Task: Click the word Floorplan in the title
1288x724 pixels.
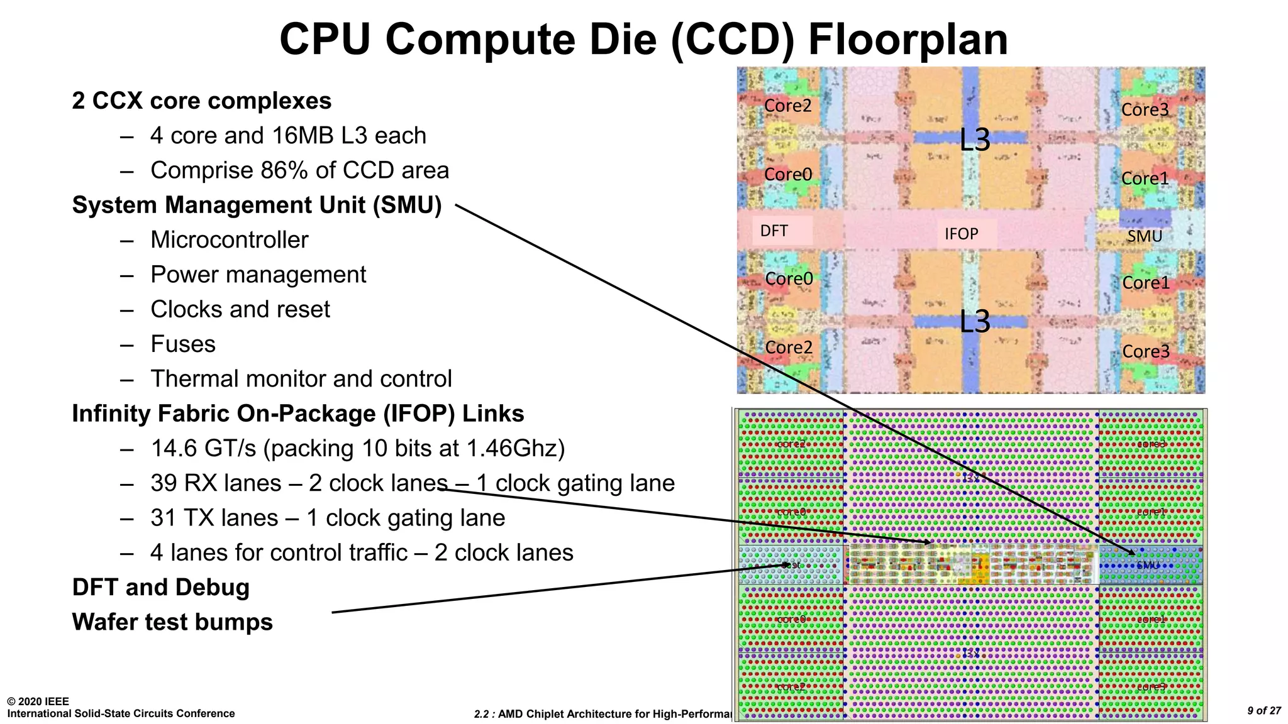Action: point(908,39)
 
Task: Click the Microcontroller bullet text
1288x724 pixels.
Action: point(230,240)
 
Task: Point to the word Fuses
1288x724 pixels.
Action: point(183,344)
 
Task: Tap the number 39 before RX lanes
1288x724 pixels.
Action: point(164,483)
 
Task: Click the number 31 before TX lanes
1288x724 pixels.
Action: point(163,518)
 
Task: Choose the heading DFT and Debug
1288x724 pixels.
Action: point(161,588)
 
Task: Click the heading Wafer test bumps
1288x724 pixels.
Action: point(172,622)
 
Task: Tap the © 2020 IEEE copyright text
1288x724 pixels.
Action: point(38,701)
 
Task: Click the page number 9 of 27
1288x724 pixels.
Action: point(1264,711)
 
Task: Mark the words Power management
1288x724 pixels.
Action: point(258,275)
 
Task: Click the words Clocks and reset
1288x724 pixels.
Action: point(240,310)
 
